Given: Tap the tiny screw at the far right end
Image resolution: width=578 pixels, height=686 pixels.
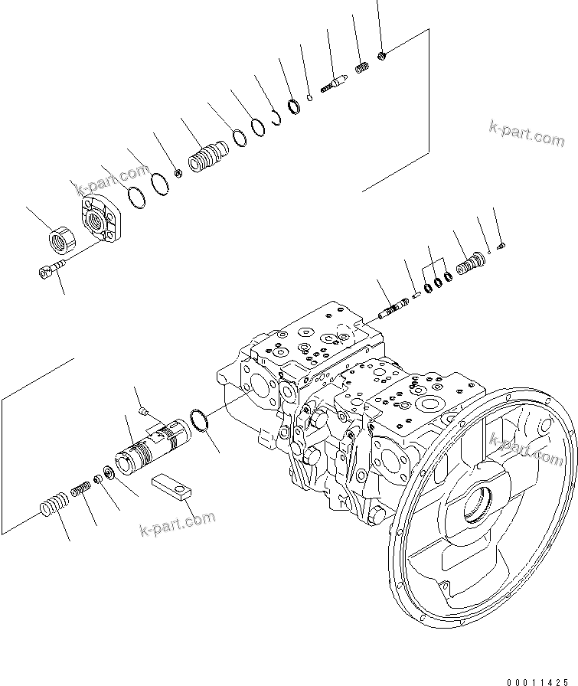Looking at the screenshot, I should (502, 245).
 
